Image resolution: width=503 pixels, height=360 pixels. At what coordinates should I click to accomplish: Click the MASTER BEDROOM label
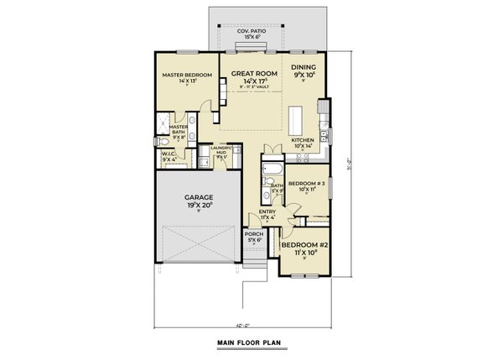click(x=186, y=75)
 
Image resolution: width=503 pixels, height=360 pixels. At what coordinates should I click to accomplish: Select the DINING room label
click(x=303, y=67)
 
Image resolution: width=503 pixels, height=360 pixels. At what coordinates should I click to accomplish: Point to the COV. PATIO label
click(x=252, y=32)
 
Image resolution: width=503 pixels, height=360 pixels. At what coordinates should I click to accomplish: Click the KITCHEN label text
click(x=302, y=140)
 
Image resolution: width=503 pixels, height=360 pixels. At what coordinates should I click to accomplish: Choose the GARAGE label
click(x=200, y=197)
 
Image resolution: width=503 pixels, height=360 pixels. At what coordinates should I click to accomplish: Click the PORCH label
click(x=253, y=234)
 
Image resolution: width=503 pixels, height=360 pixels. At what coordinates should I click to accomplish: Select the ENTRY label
click(x=267, y=211)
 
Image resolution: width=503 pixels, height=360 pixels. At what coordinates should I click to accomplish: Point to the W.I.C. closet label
click(x=169, y=154)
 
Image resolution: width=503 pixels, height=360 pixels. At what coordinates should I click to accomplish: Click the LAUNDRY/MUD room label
click(x=220, y=150)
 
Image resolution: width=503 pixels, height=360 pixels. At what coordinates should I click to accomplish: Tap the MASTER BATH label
click(x=178, y=128)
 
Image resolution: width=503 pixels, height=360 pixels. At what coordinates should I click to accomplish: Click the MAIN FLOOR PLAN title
click(x=251, y=342)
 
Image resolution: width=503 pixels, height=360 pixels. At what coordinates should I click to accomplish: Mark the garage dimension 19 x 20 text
click(x=200, y=205)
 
